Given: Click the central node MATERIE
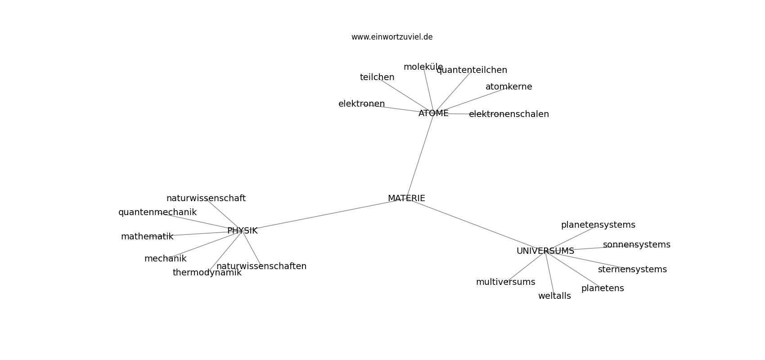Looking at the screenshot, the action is point(406,198).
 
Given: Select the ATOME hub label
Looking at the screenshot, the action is point(433,113).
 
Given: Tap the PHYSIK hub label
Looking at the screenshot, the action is point(243,230).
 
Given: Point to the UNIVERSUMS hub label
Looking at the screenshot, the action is point(545,251).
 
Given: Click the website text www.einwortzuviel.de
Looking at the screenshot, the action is point(392,37).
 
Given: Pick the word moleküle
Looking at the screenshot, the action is point(423,67).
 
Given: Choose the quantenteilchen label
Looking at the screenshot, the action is point(472,70).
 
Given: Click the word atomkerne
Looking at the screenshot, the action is point(509,87).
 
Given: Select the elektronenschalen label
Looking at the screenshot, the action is point(509,114).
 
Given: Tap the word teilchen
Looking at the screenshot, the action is point(377,77).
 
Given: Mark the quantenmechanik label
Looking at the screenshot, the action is point(157,212).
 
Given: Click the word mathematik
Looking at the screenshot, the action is point(147,236).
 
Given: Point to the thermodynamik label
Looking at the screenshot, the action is point(207,273).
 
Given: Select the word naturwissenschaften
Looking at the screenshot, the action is point(261,266).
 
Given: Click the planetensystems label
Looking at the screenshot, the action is point(598,225).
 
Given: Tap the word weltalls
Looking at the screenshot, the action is point(554,296).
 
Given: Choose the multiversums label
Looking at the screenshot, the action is point(505,282).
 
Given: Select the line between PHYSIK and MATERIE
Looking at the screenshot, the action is point(324,214).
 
